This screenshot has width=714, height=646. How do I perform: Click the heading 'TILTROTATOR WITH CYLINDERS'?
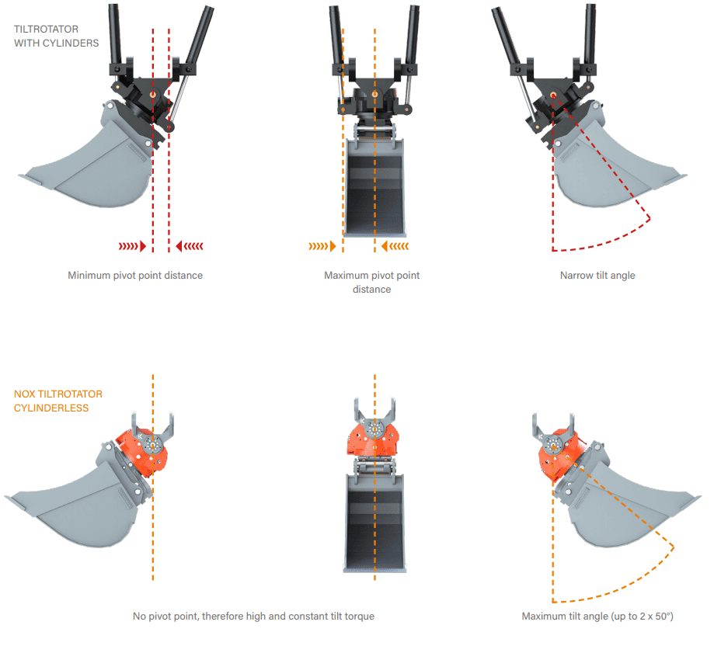pyautogui.click(x=57, y=36)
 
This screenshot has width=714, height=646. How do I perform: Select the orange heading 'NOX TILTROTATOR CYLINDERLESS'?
pyautogui.click(x=58, y=401)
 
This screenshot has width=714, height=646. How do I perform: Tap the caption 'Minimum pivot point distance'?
pyautogui.click(x=135, y=276)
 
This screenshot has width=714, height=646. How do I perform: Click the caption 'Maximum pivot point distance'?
pyautogui.click(x=371, y=283)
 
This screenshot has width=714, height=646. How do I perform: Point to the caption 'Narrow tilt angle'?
pyautogui.click(x=597, y=276)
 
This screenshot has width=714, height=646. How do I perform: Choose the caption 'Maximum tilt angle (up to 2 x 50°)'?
pyautogui.click(x=597, y=616)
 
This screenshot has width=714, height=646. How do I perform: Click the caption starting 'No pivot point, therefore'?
pyautogui.click(x=253, y=616)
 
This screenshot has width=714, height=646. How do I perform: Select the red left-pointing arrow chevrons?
pyautogui.click(x=190, y=246)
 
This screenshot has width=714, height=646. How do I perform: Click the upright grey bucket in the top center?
pyautogui.click(x=375, y=186)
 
